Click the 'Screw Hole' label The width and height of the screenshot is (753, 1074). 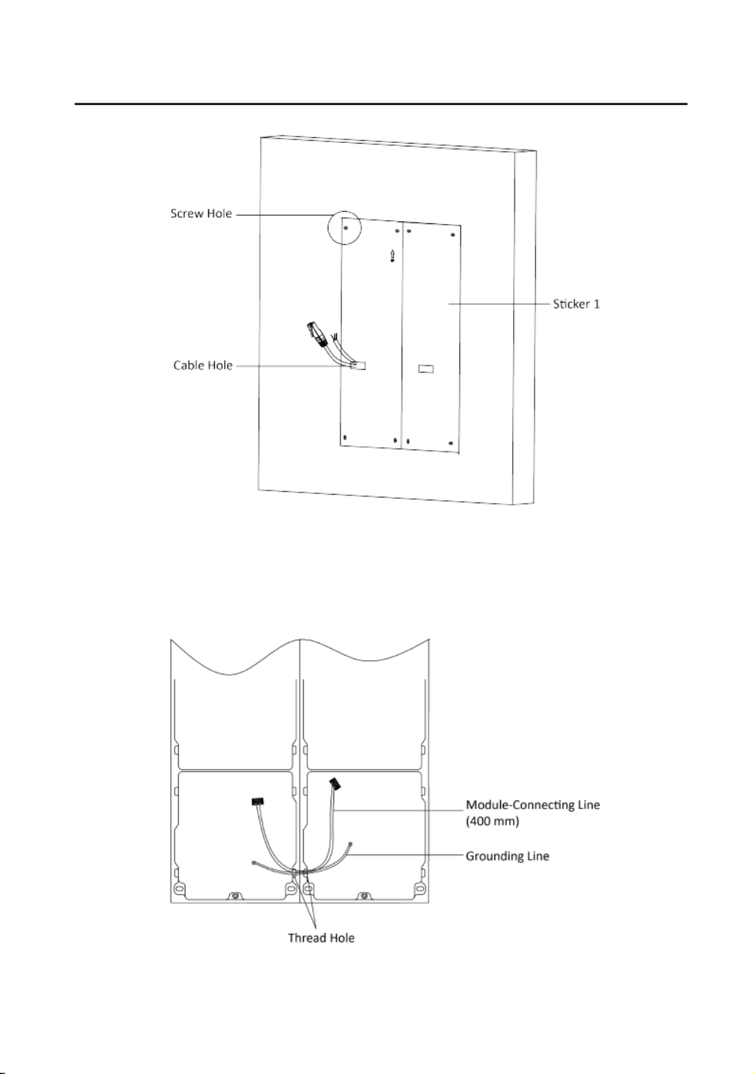pos(201,213)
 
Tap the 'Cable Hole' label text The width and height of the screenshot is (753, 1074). pos(203,365)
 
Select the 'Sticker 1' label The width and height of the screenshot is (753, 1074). pos(576,304)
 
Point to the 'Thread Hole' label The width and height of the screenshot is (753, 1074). pos(321,938)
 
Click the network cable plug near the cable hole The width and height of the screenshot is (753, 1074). pos(317,334)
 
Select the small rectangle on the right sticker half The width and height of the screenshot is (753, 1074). pos(425,368)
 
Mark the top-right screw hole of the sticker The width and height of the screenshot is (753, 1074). pos(452,235)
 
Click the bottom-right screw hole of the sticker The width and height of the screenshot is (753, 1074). pos(451,443)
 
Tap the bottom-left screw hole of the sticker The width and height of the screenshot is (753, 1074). pos(345,437)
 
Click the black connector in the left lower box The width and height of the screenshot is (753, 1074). pos(258,801)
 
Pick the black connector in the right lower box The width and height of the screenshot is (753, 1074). pos(335,785)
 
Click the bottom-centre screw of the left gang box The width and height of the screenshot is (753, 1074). pos(235,896)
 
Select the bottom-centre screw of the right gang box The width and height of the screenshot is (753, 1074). pos(364,896)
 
